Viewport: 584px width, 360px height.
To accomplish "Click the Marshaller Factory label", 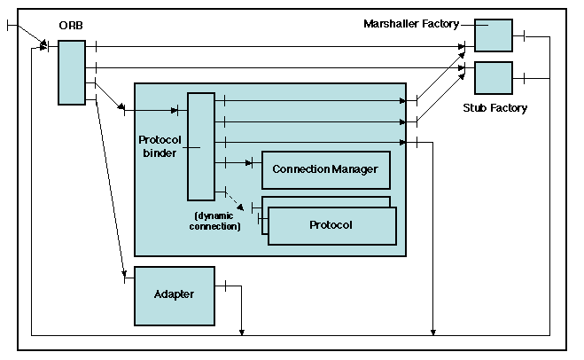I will point(411,23).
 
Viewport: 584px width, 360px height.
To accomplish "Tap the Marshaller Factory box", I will point(494,35).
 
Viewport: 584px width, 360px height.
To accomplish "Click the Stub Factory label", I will point(494,108).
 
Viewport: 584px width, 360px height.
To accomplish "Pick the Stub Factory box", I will point(494,78).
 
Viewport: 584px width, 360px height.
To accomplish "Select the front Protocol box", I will point(331,225).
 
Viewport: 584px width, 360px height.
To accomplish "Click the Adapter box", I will point(174,294).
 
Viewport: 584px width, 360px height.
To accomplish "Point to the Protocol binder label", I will point(160,146).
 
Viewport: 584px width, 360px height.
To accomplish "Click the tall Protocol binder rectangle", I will point(200,146).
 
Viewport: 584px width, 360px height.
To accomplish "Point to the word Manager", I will point(354,169).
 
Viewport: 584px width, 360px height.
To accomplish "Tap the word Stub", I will point(474,108).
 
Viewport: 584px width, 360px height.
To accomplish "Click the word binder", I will point(160,153).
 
